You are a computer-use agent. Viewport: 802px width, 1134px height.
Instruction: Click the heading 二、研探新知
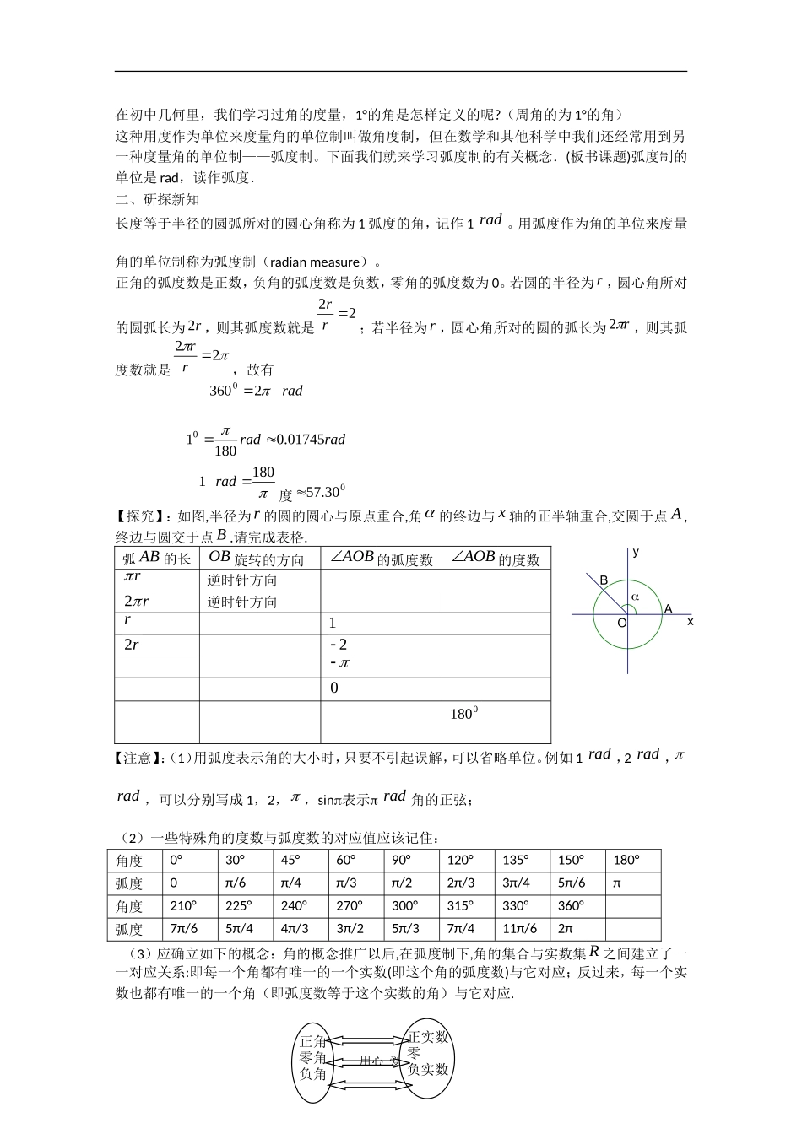157,200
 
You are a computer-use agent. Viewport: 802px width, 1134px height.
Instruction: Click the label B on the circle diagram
604,580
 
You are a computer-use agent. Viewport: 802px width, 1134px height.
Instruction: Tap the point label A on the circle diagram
668,608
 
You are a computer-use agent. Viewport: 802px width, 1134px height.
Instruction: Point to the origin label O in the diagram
621,623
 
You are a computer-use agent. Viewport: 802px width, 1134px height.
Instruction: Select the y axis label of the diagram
636,552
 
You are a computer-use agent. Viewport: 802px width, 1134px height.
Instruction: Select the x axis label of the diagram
691,621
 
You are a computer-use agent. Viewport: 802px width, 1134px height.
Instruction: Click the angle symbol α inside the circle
636,596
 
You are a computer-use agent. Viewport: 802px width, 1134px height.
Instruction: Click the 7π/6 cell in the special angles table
182,929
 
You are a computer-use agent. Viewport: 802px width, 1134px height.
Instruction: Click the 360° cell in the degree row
571,906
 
